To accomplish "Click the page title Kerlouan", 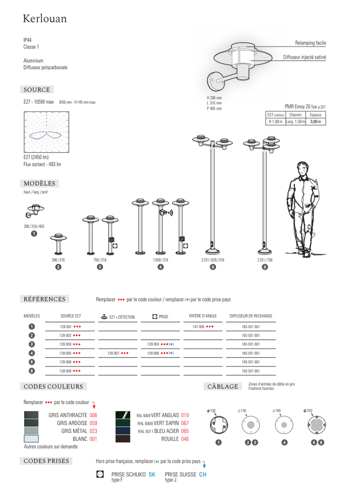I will pos(45,19).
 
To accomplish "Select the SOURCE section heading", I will pos(37,90).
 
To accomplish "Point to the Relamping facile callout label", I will pos(311,43).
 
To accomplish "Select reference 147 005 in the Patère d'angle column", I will pos(203,327).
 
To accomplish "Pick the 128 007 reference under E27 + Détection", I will pos(118,353).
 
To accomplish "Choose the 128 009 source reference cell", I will pos(70,371).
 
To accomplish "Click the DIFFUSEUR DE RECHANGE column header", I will pos(251,316).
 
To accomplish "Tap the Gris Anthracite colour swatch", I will pos(31,415).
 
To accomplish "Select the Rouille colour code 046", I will pos(185,439).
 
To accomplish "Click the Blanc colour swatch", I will pos(31,439).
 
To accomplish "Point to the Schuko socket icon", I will pos(100,474).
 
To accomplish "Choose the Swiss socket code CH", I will pos(202,474).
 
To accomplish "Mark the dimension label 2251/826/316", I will pos(213,260).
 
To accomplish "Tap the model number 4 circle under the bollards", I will pos(161,267).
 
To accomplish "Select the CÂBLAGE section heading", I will pos(222,386).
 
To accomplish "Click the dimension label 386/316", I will pos(58,260).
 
